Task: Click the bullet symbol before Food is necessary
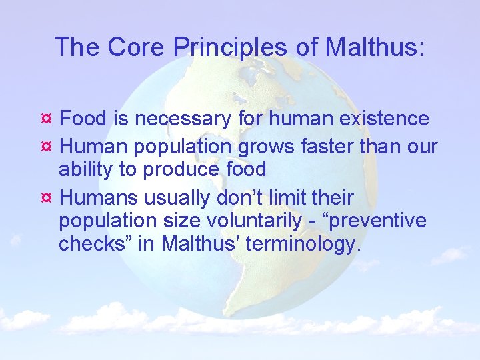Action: (46, 119)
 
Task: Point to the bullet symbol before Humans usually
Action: (46, 197)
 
